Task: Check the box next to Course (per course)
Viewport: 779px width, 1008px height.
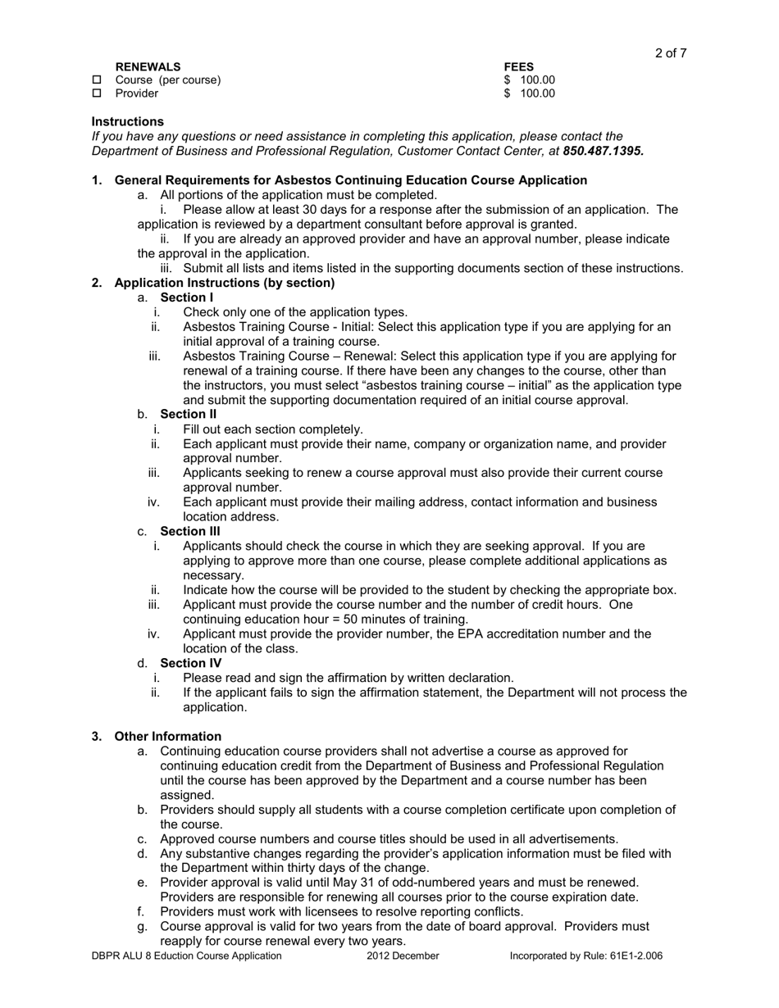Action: click(97, 80)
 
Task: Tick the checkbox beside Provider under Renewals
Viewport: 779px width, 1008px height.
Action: click(97, 94)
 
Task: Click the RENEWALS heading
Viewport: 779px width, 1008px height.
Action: click(148, 66)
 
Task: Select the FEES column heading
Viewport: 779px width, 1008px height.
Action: click(519, 66)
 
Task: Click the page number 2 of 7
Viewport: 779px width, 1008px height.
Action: click(670, 53)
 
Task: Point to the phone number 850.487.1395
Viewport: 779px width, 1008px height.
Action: click(603, 151)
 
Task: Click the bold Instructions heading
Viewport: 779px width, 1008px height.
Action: click(127, 121)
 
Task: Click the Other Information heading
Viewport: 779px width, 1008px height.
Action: click(167, 736)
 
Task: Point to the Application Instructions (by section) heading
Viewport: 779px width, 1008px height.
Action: click(224, 283)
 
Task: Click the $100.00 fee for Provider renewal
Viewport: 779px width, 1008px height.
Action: click(530, 94)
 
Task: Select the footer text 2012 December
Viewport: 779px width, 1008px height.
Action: click(403, 956)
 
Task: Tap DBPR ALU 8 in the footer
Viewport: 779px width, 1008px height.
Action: click(122, 956)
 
